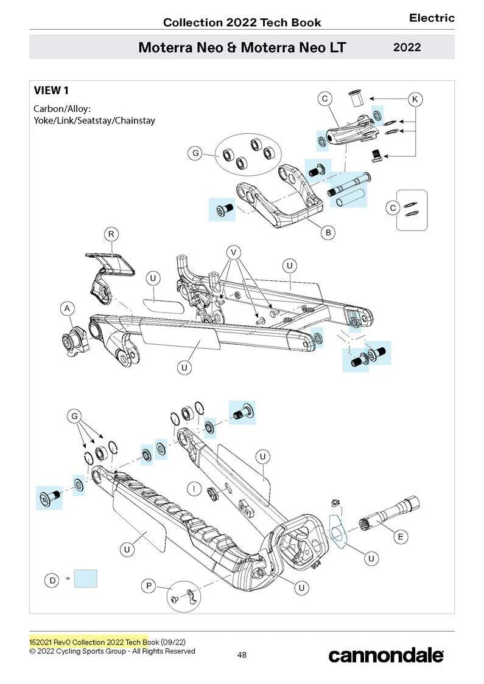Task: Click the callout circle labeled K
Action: click(415, 99)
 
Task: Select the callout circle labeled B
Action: click(328, 232)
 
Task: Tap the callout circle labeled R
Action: click(111, 234)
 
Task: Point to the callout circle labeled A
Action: click(67, 308)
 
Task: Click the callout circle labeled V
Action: click(234, 252)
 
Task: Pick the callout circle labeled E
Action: click(401, 536)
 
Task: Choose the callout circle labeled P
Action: click(149, 586)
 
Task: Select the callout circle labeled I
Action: click(194, 489)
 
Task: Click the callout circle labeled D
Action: click(52, 580)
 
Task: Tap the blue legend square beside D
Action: click(86, 578)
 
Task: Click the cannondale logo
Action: click(386, 655)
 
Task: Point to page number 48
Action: click(242, 654)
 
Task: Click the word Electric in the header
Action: click(432, 18)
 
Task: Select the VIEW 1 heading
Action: click(51, 91)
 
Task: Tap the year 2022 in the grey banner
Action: click(407, 47)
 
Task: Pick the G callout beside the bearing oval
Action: click(195, 153)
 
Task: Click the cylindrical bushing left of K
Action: click(356, 98)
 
